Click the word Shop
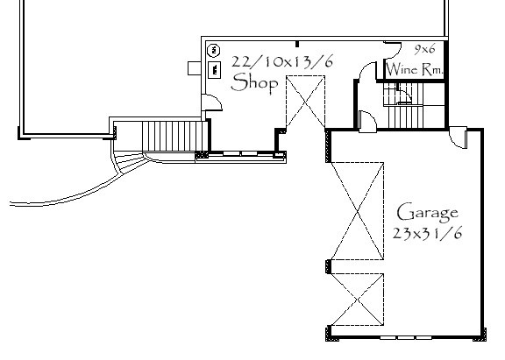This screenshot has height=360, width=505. pyautogui.click(x=254, y=83)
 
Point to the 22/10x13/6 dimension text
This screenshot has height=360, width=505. pyautogui.click(x=282, y=61)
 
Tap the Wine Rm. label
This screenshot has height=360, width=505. pyautogui.click(x=415, y=69)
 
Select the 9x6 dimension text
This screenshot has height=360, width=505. pyautogui.click(x=424, y=49)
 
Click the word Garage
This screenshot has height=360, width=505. pyautogui.click(x=428, y=213)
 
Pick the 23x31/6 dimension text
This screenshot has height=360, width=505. pyautogui.click(x=428, y=233)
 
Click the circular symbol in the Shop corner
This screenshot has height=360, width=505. pyautogui.click(x=213, y=50)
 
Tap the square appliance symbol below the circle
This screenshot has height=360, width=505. pyautogui.click(x=215, y=69)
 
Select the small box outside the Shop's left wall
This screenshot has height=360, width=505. pyautogui.click(x=195, y=68)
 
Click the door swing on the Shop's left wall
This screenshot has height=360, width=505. pyautogui.click(x=212, y=102)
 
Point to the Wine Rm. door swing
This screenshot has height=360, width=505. pyautogui.click(x=393, y=48)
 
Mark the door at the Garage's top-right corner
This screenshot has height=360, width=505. pyautogui.click(x=458, y=138)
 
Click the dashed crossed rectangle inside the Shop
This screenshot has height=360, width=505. pyautogui.click(x=306, y=102)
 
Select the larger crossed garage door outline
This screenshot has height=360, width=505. pyautogui.click(x=358, y=211)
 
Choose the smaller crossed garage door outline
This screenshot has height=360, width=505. pyautogui.click(x=358, y=300)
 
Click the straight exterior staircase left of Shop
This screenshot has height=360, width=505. pyautogui.click(x=174, y=136)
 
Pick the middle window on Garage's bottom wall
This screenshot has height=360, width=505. pyautogui.click(x=405, y=338)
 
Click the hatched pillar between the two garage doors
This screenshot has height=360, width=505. pyautogui.click(x=329, y=266)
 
